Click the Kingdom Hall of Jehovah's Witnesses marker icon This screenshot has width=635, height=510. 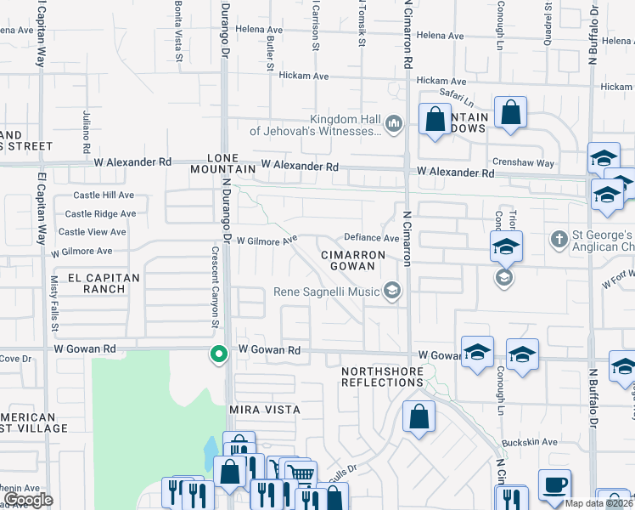click(393, 125)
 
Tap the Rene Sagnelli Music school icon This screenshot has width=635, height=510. click(391, 292)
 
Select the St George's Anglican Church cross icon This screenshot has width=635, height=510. click(559, 239)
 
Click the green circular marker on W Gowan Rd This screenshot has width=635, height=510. click(218, 354)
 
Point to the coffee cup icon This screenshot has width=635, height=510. click(556, 484)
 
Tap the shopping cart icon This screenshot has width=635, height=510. click(300, 474)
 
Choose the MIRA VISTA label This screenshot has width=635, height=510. click(266, 410)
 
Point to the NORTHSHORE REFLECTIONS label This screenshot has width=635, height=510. click(382, 377)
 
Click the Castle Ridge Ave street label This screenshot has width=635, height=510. click(100, 214)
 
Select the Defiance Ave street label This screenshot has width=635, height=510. click(371, 238)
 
